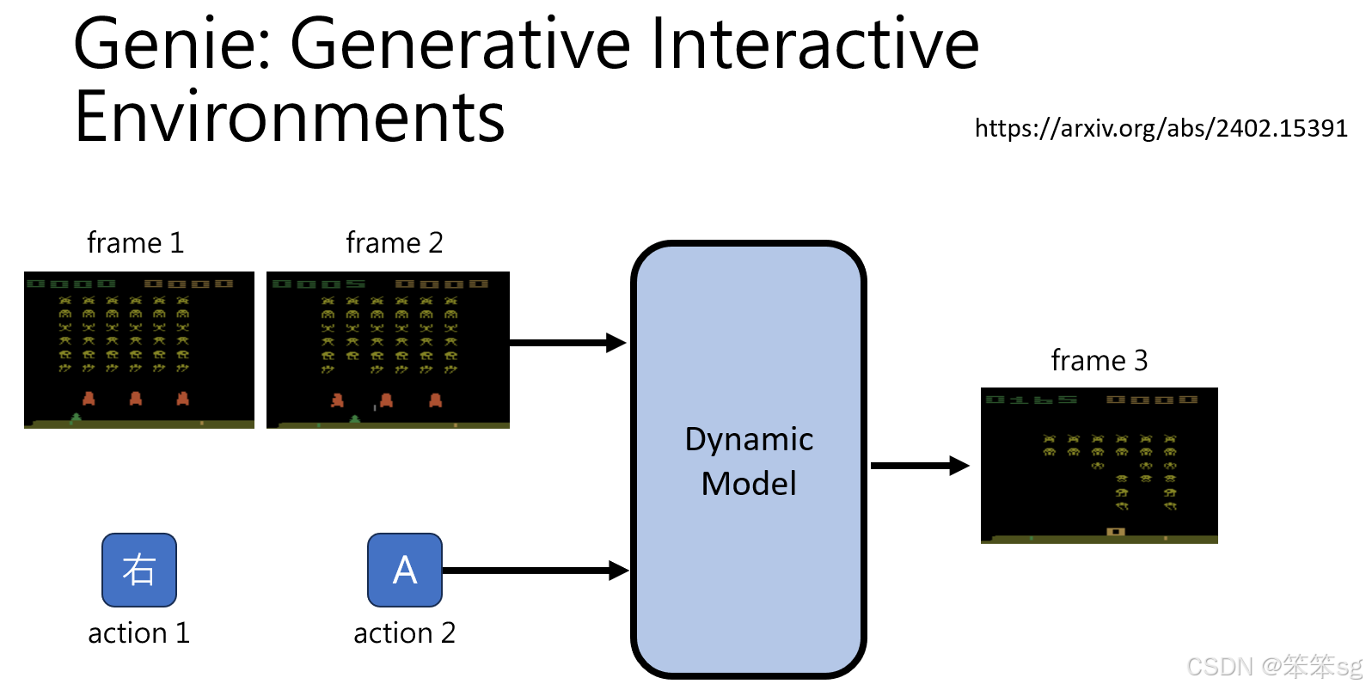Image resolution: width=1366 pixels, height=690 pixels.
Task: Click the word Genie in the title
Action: click(171, 45)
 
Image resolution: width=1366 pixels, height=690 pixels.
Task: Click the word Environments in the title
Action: click(290, 118)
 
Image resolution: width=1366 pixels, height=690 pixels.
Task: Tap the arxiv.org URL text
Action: click(1161, 129)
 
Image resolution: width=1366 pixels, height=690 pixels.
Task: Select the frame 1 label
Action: click(136, 243)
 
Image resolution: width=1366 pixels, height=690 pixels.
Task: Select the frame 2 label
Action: click(395, 243)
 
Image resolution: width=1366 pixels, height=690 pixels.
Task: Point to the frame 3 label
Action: click(1100, 361)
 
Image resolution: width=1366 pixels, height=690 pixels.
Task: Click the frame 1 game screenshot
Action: click(139, 350)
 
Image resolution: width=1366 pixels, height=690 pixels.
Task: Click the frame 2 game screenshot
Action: click(388, 350)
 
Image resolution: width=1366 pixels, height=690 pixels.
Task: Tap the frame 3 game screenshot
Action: click(1100, 466)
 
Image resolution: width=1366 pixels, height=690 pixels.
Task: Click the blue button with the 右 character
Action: click(139, 570)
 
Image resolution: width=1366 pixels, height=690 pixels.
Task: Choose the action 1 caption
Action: click(138, 633)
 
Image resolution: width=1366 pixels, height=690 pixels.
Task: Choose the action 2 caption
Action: click(404, 633)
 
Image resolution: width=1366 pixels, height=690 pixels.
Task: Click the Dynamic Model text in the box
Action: click(749, 461)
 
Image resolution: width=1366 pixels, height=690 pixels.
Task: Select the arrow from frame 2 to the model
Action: click(567, 343)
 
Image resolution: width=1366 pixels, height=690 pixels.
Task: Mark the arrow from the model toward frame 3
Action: click(919, 466)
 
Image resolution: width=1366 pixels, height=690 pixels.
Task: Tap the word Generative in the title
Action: click(461, 45)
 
